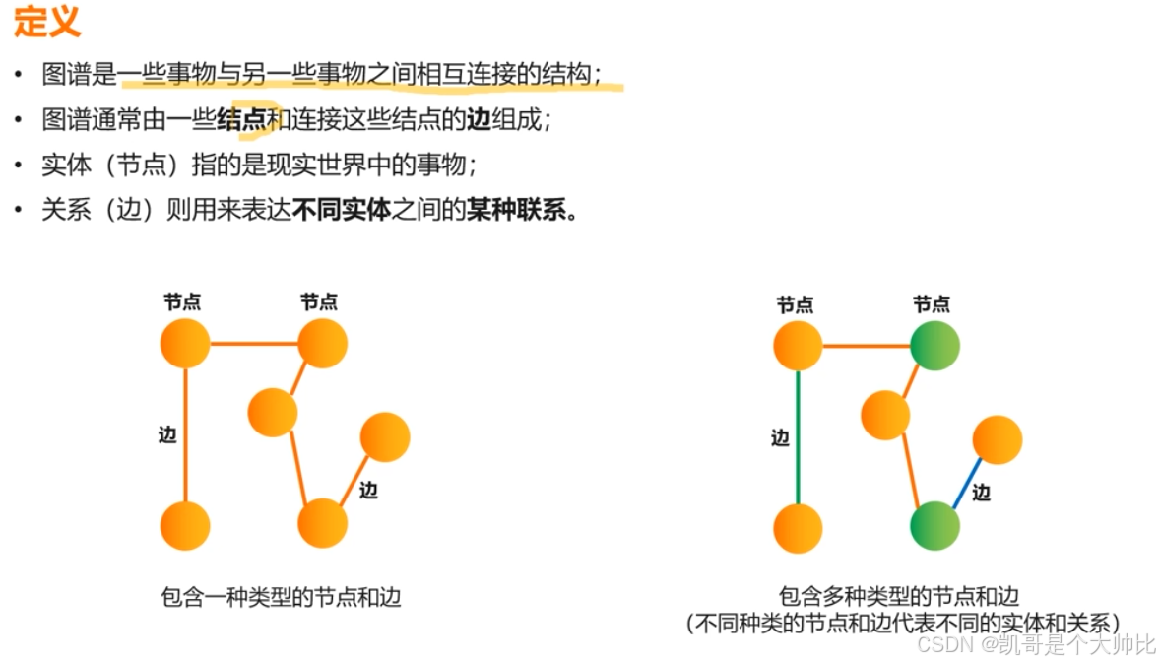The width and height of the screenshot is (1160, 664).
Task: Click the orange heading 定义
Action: coord(47,23)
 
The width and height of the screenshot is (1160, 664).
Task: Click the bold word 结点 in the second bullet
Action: coord(241,119)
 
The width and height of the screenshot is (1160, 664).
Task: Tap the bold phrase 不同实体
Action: coord(342,210)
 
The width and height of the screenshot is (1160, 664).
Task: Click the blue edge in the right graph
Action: coord(966,482)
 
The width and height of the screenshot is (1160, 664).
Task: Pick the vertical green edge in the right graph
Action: coord(798,437)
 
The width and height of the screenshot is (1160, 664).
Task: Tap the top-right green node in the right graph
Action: coord(934,346)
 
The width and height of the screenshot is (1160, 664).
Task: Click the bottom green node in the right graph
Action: coord(934,526)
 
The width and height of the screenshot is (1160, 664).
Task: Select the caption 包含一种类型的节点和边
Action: coord(282,597)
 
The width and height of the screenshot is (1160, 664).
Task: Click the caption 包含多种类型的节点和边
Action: coord(899,596)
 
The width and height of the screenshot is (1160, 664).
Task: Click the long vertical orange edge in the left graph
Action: coord(184,433)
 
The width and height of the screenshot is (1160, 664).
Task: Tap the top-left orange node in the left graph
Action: coord(184,344)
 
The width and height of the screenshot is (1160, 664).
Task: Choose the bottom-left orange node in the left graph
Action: coord(184,525)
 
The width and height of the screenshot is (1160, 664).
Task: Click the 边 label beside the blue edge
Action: coord(981,493)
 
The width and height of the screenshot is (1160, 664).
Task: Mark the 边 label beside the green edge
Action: coord(780,438)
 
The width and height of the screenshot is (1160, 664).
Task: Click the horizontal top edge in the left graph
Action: coord(254,344)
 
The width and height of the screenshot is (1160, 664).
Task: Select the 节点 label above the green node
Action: coord(932,304)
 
